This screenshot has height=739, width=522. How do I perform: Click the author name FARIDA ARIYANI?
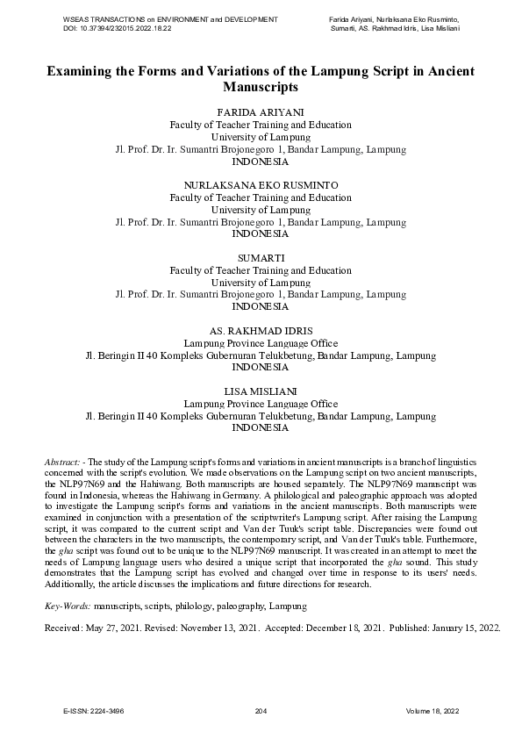pos(261,113)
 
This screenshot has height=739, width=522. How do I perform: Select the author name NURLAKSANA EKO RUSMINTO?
pos(261,186)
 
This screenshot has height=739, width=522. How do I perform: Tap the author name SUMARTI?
pos(261,258)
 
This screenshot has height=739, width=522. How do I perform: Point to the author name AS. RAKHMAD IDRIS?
pos(261,331)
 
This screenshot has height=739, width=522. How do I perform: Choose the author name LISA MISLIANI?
pos(261,391)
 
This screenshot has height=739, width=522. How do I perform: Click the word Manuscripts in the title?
pos(261,88)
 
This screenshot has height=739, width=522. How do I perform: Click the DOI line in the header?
pos(118,28)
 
